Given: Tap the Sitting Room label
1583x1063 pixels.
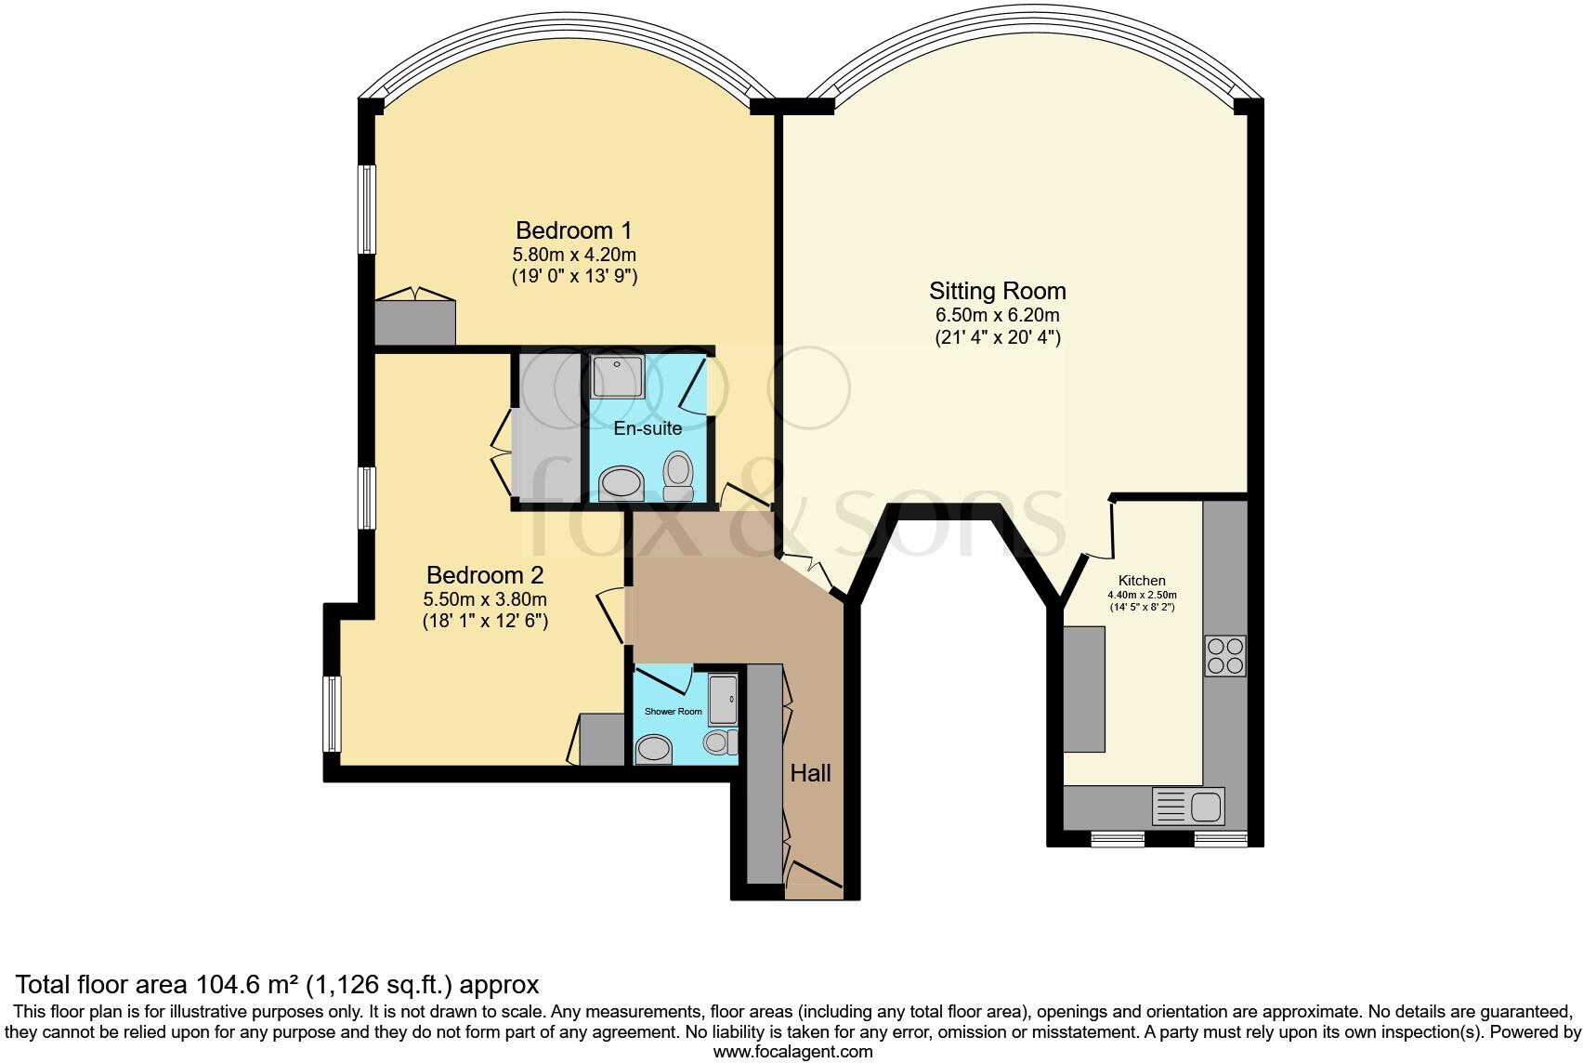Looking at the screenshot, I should [997, 291].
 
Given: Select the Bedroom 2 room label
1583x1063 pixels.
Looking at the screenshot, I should [484, 574].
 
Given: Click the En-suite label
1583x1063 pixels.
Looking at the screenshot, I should [648, 428].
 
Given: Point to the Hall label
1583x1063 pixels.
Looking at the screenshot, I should [810, 773].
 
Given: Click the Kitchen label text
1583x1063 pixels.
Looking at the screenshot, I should [1142, 580].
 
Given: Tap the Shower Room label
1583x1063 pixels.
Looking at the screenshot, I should [674, 712].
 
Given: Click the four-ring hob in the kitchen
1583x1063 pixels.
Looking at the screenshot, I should [1224, 655].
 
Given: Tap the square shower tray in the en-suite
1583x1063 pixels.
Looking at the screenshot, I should [617, 374].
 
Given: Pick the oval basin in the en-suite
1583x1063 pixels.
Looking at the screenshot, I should [621, 483].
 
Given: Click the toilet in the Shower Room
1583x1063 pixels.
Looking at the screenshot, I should [719, 741].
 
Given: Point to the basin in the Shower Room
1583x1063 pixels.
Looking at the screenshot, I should [654, 749].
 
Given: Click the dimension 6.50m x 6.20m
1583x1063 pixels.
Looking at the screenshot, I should [997, 316].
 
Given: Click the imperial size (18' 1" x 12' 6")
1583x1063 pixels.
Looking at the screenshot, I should [484, 621].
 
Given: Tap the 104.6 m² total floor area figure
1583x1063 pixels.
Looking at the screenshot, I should [242, 984].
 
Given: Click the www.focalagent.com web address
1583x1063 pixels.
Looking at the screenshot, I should [791, 1052].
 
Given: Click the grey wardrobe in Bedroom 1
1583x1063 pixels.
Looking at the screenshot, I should [414, 322].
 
